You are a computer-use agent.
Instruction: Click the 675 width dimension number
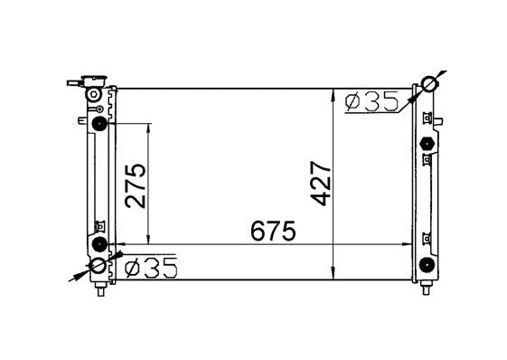pos(273,231)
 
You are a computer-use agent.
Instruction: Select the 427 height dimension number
pos(320,184)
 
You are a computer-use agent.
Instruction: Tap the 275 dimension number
pos(136,185)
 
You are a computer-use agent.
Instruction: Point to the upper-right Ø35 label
pos(371,101)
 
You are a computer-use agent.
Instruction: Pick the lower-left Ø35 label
pos(151,268)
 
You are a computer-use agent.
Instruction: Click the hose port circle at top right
pos(430,84)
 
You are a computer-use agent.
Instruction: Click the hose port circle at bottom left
pos(99,266)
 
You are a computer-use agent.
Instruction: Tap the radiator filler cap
pos(94,81)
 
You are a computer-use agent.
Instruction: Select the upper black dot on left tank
pos(99,124)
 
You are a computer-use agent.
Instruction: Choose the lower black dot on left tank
pos(99,244)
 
